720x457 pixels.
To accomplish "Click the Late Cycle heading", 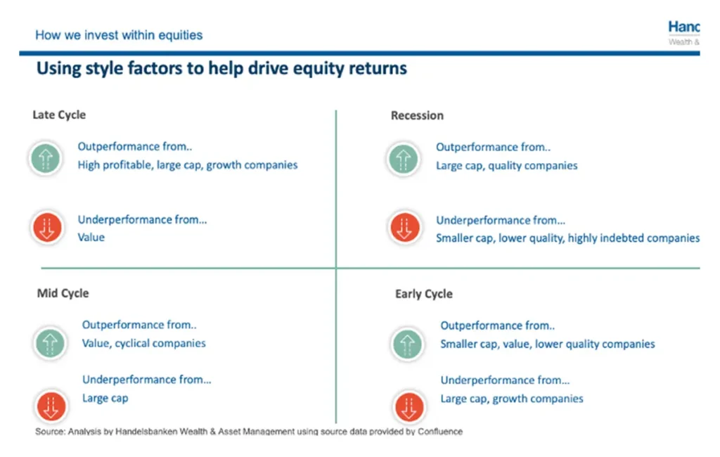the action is (x=59, y=115).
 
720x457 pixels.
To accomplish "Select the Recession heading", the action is (x=417, y=115).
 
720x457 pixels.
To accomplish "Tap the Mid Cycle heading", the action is (x=63, y=293).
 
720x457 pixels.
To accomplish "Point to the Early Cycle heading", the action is (x=424, y=294).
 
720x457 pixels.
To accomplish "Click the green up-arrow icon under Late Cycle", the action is (x=46, y=159).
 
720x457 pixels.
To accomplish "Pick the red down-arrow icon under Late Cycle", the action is (x=47, y=227).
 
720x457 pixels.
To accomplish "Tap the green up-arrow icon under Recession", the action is (x=403, y=160).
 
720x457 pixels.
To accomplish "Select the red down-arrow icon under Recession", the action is (x=404, y=227).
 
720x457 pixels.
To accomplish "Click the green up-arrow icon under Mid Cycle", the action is (x=50, y=342).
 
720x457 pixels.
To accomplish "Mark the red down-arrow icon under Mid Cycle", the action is (x=51, y=406).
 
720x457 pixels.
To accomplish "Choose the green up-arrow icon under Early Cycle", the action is (x=407, y=344).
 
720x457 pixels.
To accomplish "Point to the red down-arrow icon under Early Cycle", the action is (x=409, y=407).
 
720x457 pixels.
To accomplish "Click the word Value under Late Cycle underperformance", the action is (x=91, y=238).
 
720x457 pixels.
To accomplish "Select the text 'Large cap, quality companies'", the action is (x=506, y=166).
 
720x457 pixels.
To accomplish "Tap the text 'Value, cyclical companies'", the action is (x=143, y=344).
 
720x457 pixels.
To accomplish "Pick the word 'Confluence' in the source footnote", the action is (x=440, y=431).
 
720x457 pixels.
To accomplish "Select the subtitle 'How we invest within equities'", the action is (x=119, y=35).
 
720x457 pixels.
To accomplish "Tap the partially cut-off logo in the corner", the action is (x=683, y=32).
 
